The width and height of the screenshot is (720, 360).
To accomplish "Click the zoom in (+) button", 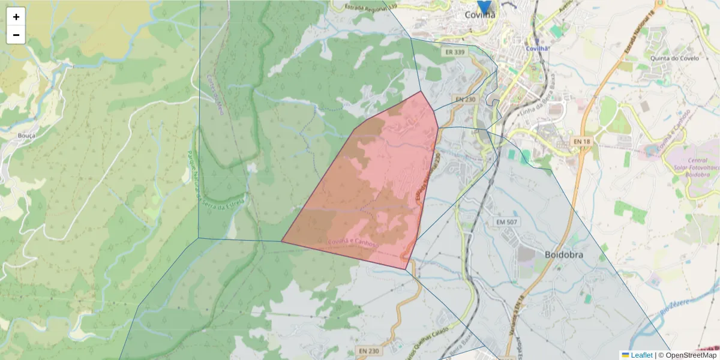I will pyautogui.click(x=16, y=17).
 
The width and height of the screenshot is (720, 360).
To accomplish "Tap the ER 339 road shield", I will pyautogui.click(x=455, y=52).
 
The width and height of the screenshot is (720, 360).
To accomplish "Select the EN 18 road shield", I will pyautogui.click(x=581, y=141).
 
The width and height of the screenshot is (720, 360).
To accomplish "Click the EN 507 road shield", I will pyautogui.click(x=507, y=222).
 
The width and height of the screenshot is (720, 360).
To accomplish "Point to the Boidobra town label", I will pyautogui.click(x=563, y=254).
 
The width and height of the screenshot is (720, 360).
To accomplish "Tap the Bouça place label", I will pyautogui.click(x=26, y=136).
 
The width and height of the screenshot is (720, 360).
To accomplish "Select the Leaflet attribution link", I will pyautogui.click(x=641, y=355).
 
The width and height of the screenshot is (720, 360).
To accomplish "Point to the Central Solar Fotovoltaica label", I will pyautogui.click(x=697, y=168).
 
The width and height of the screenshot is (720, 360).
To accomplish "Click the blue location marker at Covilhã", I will pyautogui.click(x=484, y=6).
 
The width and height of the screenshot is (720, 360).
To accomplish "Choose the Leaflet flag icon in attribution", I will pyautogui.click(x=625, y=355).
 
